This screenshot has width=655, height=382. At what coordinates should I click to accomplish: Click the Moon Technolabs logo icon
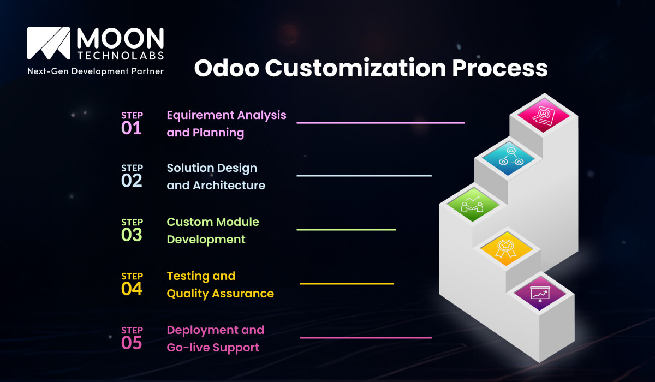coord(49,45)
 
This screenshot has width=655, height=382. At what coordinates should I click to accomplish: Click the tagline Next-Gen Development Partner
coord(96,71)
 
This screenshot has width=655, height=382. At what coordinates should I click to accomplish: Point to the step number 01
coord(132,128)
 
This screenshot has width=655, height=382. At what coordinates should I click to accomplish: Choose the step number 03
coord(132,235)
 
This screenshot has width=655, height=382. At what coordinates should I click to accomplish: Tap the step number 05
coord(132,343)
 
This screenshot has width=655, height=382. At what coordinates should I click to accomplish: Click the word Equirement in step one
coord(199,115)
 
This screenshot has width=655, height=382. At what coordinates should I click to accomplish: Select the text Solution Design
coord(212,168)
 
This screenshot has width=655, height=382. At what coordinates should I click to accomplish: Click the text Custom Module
coord(213,222)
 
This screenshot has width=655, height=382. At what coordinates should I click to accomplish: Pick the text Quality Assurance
coord(220,294)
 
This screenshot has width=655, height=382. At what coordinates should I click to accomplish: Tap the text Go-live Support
coord(213,348)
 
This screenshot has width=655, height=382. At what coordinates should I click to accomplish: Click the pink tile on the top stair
coord(543,115)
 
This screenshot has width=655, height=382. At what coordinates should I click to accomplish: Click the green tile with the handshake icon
coord(473,204)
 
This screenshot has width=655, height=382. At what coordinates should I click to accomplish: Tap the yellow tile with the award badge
coord(506,248)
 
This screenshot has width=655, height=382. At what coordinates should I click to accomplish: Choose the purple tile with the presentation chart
coord(540,295)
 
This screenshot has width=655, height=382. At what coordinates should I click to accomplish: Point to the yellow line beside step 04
coord(347,284)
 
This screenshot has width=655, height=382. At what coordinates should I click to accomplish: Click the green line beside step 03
coord(346,230)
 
